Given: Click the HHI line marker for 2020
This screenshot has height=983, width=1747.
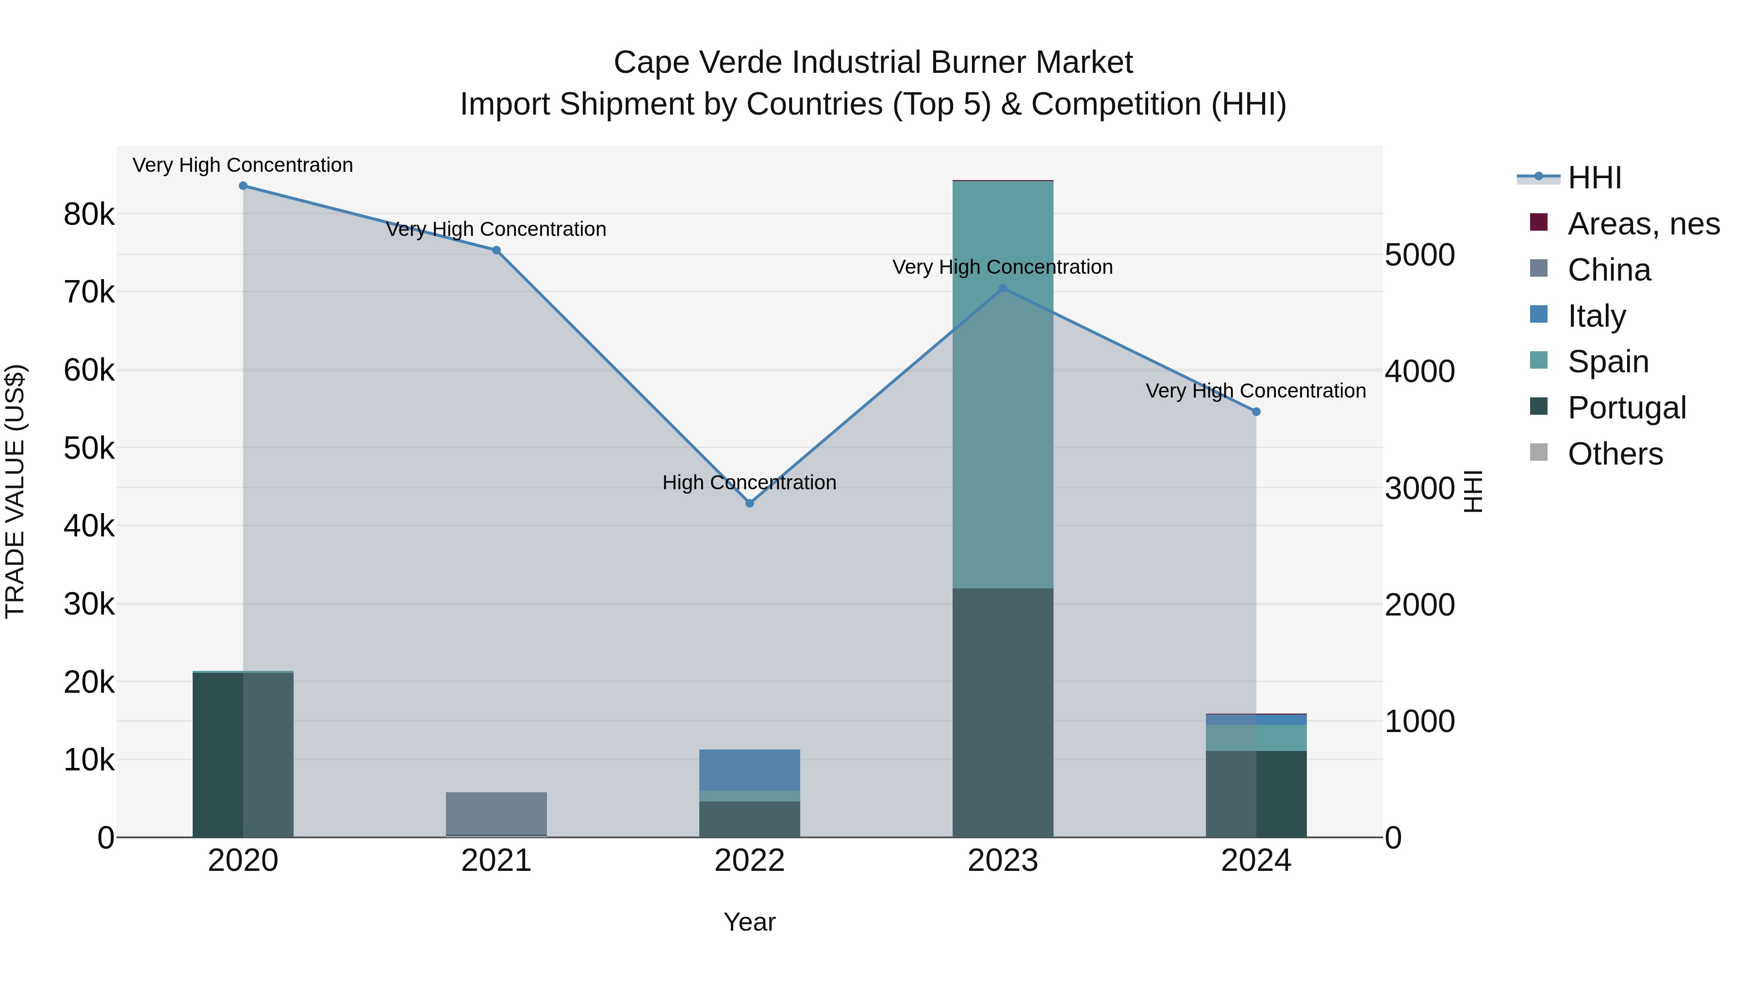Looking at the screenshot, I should [243, 186].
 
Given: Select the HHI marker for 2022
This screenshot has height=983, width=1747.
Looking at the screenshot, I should [749, 503].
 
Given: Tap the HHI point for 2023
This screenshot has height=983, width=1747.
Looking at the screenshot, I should [1003, 288].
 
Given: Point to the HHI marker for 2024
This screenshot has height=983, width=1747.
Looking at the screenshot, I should [1256, 412].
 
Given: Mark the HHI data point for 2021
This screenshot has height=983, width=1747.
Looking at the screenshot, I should [496, 250].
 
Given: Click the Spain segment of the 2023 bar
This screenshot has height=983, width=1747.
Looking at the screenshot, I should [1003, 384].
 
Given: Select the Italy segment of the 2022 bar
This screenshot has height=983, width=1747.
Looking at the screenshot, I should [749, 770].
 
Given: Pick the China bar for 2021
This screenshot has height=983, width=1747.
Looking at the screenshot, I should [496, 813].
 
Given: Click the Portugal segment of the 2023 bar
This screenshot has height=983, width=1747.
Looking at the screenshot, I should [1003, 712].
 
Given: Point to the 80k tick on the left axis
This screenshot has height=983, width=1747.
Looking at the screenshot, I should [89, 215].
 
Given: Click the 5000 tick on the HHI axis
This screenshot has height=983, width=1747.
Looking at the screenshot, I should [1419, 255].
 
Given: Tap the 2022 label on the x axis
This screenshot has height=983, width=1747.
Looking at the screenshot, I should [749, 861].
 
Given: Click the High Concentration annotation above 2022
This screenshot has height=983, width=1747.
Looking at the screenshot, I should [749, 483].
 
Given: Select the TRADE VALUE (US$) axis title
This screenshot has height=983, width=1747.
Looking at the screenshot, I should [15, 491].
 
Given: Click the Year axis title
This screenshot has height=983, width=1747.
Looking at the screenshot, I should [749, 922].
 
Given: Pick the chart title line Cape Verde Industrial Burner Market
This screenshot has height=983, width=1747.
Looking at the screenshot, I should [873, 63].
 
